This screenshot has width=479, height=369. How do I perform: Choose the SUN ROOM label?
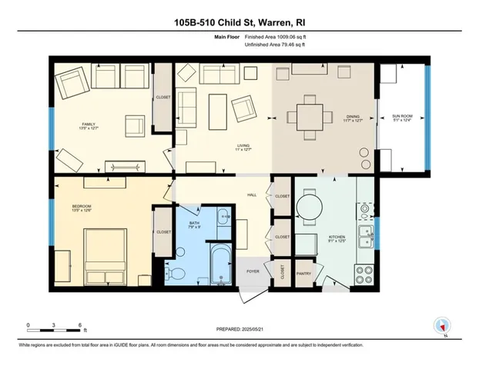(x=402, y=117)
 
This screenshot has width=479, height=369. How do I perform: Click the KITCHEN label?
(x=337, y=238)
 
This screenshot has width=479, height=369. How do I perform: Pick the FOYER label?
(x=253, y=271)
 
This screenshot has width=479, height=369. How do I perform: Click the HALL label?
(x=251, y=196)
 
